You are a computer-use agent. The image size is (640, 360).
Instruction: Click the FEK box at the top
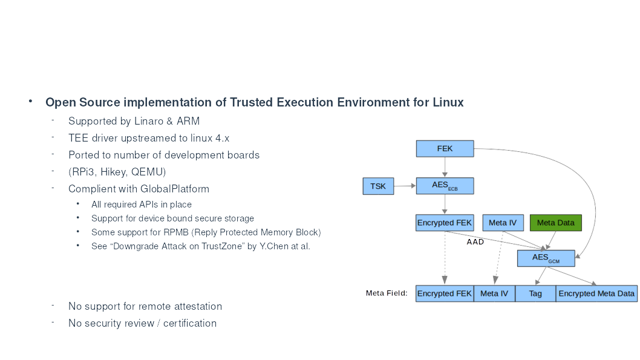(445, 148)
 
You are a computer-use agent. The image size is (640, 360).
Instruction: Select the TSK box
(378, 186)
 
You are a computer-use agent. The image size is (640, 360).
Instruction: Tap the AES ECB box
(445, 186)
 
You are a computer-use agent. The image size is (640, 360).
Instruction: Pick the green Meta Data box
(555, 223)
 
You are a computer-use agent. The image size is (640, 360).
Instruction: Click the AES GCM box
(546, 258)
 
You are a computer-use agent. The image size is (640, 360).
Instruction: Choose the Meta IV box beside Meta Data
(503, 223)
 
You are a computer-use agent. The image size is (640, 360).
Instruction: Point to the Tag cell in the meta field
(535, 293)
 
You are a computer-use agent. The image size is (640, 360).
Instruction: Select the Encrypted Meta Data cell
(596, 293)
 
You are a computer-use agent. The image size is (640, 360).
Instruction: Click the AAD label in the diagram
(475, 242)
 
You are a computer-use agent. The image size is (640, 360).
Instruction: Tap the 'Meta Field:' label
(387, 293)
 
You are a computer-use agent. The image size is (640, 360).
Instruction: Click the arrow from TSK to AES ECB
(405, 186)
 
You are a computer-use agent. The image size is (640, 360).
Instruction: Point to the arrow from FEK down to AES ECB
(445, 167)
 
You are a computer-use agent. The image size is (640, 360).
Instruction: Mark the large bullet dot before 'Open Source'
(30, 101)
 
